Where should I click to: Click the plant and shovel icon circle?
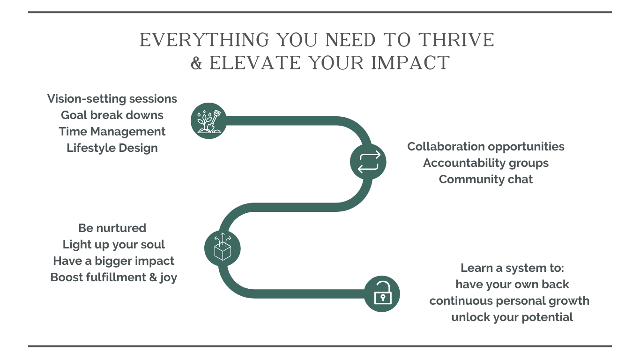click(208, 120)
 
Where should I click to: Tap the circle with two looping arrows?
click(368, 162)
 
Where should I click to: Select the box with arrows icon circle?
click(222, 248)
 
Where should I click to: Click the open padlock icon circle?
click(382, 293)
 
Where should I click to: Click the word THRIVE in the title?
click(456, 40)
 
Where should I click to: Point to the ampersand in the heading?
click(196, 63)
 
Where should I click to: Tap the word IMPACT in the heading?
click(410, 63)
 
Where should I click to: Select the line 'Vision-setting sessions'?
click(112, 98)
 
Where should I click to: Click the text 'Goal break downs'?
click(112, 115)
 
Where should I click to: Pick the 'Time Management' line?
click(112, 132)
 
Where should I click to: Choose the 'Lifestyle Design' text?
click(112, 148)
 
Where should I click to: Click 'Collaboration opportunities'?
click(486, 146)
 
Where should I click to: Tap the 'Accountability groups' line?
click(486, 163)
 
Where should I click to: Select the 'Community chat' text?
click(486, 179)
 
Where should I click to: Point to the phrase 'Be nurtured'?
click(112, 228)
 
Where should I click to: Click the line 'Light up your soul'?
click(113, 245)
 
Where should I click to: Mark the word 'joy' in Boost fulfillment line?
click(168, 277)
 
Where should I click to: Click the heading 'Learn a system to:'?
click(512, 268)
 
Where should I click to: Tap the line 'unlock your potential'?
click(512, 317)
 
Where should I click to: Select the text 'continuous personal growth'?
click(509, 301)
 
